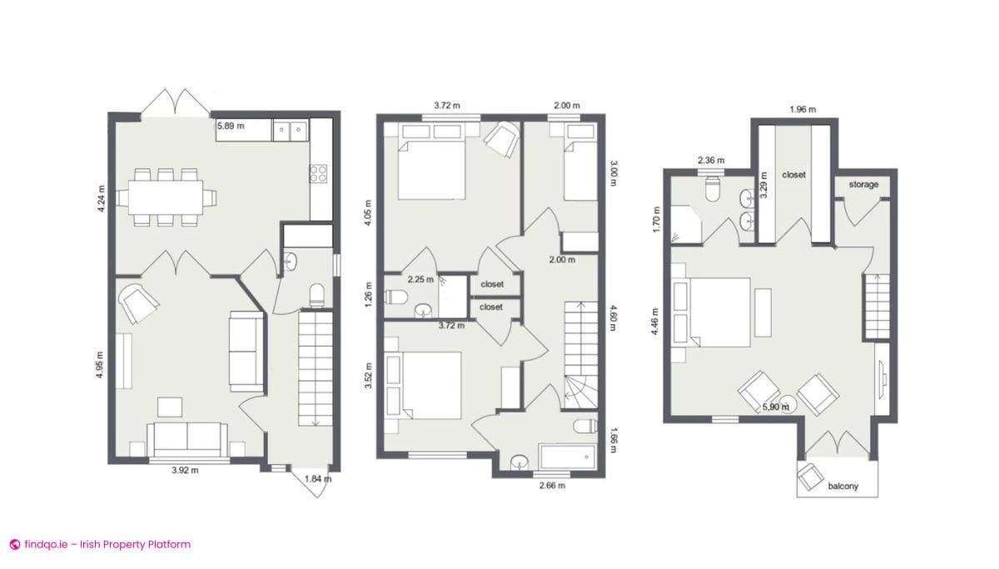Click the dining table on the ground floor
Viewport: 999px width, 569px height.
click(165, 197)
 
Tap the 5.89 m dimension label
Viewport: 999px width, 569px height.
click(231, 127)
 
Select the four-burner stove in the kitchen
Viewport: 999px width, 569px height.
click(319, 173)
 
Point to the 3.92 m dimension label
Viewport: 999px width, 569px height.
click(184, 471)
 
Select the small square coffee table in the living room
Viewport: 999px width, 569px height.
click(171, 407)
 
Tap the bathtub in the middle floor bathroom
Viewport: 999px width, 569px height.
click(567, 457)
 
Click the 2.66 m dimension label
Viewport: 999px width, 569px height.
click(551, 486)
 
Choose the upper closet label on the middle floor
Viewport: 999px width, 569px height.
click(491, 284)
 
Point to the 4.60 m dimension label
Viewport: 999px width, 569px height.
click(613, 317)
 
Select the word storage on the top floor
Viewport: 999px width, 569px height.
click(863, 184)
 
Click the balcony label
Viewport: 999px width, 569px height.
click(842, 486)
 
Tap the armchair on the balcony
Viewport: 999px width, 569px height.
click(809, 477)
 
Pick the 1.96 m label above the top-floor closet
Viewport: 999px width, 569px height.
click(802, 109)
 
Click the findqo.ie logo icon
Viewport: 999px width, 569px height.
click(14, 545)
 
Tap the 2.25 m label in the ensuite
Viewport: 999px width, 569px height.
click(420, 279)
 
